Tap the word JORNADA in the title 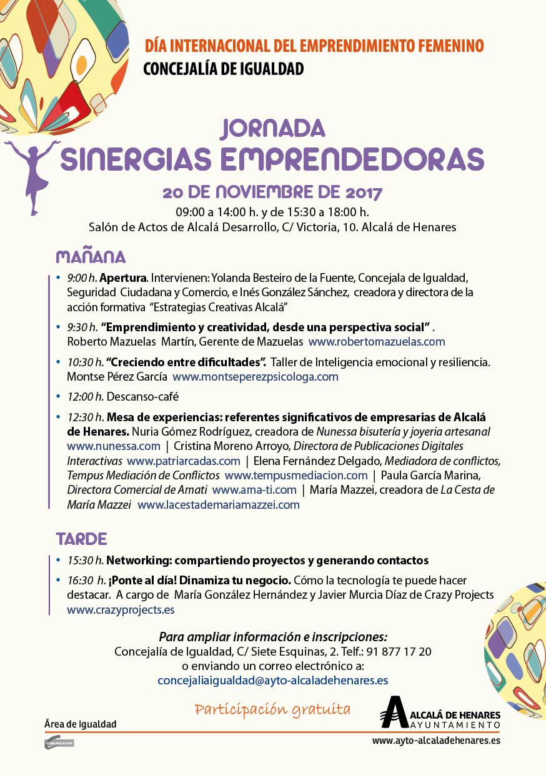[x=272, y=128]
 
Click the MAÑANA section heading [x=91, y=257]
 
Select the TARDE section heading [x=81, y=539]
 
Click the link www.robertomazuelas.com [x=377, y=341]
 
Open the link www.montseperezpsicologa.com [x=256, y=376]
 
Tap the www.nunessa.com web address [x=114, y=446]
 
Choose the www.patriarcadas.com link [x=183, y=461]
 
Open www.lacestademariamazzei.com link [x=219, y=504]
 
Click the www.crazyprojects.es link [x=121, y=609]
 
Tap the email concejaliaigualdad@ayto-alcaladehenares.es [x=273, y=680]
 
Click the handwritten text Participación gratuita [x=272, y=709]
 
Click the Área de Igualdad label [x=81, y=724]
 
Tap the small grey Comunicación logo [x=59, y=743]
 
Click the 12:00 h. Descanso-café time [x=86, y=396]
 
